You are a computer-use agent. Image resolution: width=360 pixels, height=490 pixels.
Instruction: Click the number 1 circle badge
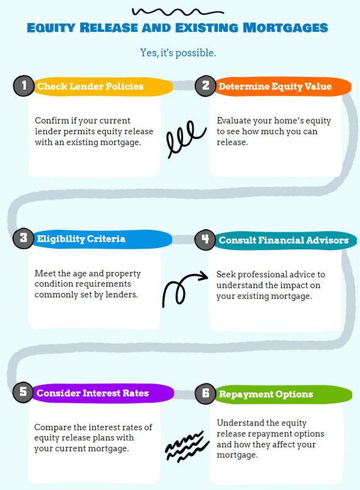tap(24, 86)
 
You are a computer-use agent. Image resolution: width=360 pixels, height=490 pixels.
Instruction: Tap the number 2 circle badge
tap(205, 86)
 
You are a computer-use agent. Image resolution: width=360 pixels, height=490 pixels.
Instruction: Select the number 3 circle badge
tap(23, 239)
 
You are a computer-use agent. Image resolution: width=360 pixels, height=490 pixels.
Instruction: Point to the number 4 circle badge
tap(205, 239)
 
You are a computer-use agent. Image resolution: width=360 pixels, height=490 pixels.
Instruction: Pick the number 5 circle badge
tap(23, 392)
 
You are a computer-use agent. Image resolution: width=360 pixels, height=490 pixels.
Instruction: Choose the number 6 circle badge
tap(205, 393)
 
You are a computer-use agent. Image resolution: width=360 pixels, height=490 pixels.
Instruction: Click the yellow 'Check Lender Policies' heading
tap(91, 86)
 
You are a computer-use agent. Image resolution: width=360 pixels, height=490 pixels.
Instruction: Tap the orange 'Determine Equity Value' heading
tap(275, 86)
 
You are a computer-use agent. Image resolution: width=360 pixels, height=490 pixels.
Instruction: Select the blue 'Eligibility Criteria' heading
tap(81, 239)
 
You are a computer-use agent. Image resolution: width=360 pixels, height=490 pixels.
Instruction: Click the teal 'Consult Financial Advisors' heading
tap(283, 240)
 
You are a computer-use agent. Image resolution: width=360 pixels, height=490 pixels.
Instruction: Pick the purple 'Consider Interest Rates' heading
tap(92, 393)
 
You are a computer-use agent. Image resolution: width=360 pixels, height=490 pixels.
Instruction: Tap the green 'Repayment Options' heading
tap(266, 394)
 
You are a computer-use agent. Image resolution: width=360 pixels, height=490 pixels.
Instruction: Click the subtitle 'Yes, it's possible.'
tap(178, 53)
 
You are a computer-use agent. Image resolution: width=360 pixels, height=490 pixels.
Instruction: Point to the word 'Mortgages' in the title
tap(285, 28)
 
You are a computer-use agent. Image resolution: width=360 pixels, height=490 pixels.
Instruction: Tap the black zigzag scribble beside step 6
tap(187, 447)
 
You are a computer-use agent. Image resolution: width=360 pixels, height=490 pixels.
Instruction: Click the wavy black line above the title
tap(177, 12)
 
